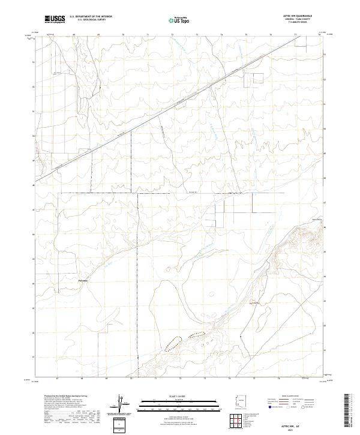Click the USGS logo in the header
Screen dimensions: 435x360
(x=55, y=19)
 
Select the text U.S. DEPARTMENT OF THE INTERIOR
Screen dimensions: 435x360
(x=91, y=17)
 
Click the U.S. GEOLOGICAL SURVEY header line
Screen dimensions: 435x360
(x=89, y=20)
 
